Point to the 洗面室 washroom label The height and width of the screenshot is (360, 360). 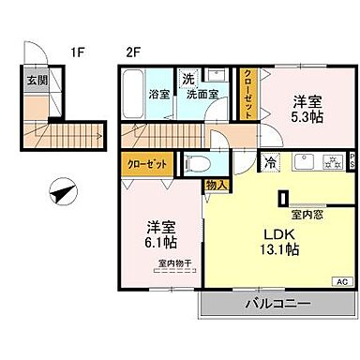200,94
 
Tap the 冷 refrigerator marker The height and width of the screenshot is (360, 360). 269,160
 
